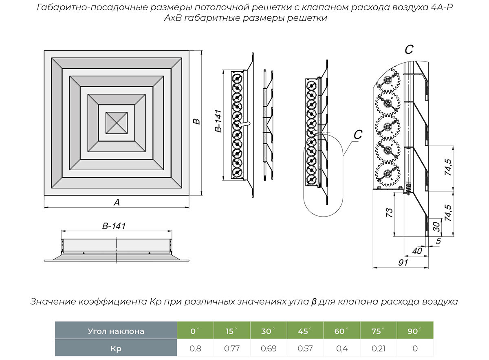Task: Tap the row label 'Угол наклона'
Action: pos(116,331)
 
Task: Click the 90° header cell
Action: pos(414,331)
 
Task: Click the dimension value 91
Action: pos(403,263)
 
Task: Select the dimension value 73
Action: pos(389,212)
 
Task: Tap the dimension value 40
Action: pos(417,251)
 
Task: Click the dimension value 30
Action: pos(436,226)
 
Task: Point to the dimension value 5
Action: pos(438,241)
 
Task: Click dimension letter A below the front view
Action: pos(117,202)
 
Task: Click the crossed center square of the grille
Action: pos(117,122)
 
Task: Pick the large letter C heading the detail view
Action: pos(409,50)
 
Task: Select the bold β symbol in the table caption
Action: pos(313,302)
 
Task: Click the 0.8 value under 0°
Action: pos(196,349)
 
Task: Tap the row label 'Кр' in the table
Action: pos(116,349)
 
